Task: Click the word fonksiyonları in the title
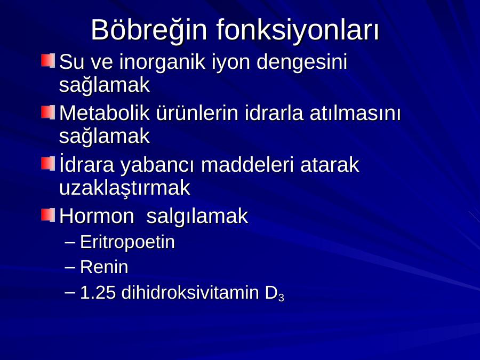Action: point(298,30)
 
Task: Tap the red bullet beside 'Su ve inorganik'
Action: point(48,61)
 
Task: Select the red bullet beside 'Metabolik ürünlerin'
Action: point(48,113)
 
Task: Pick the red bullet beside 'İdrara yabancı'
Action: point(48,164)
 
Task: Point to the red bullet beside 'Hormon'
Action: point(48,215)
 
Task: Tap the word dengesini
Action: point(302,63)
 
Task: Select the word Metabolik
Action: point(105,113)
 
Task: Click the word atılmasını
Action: point(355,113)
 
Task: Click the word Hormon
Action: point(97,216)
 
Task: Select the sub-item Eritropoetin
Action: point(127,243)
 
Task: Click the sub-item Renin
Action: point(104,267)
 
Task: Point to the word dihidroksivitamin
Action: point(190,292)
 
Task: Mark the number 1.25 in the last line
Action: point(98,293)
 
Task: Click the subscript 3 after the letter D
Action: point(281,298)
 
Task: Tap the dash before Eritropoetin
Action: point(70,242)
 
